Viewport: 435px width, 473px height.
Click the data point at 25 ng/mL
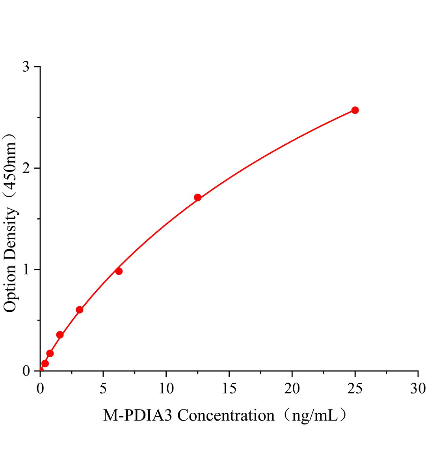pyautogui.click(x=355, y=110)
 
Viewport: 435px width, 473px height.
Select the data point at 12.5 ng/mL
pyautogui.click(x=198, y=197)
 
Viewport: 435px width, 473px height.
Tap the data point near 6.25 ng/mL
pyautogui.click(x=119, y=271)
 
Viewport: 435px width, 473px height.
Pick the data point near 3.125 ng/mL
pyautogui.click(x=80, y=310)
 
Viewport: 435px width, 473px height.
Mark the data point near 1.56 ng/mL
pyautogui.click(x=60, y=335)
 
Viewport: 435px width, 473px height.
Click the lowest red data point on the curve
pyautogui.click(x=45, y=363)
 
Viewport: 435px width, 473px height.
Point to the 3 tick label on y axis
pyautogui.click(x=26, y=67)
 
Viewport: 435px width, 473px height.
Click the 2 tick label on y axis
pyautogui.click(x=26, y=168)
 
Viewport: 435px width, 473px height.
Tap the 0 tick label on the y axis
pyautogui.click(x=26, y=371)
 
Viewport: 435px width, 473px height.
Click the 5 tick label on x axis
pyautogui.click(x=103, y=389)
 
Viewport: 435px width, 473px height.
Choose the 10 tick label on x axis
pyautogui.click(x=166, y=389)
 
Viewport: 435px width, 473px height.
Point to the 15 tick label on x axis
pyautogui.click(x=229, y=389)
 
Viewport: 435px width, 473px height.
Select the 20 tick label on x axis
pyautogui.click(x=292, y=389)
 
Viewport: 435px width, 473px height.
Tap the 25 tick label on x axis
pyautogui.click(x=355, y=389)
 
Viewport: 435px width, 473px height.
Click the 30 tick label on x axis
pyautogui.click(x=418, y=389)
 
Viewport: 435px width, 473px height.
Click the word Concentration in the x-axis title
pyautogui.click(x=226, y=415)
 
